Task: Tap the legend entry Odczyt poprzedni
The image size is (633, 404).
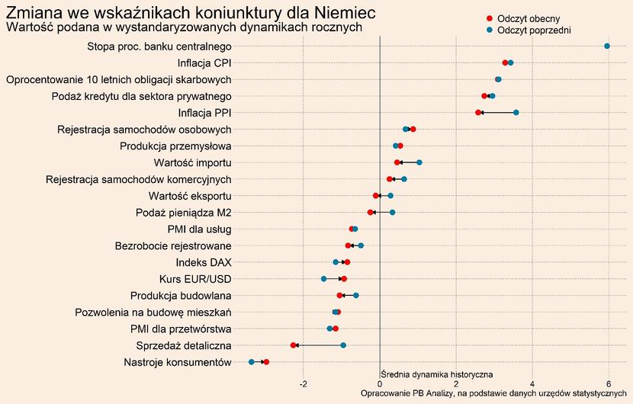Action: click(x=533, y=30)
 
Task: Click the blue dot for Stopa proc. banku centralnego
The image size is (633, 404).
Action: click(x=607, y=46)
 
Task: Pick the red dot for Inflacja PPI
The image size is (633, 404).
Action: click(x=478, y=113)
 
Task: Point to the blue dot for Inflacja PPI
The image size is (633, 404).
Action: click(x=516, y=113)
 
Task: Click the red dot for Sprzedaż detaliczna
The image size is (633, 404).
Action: click(x=294, y=345)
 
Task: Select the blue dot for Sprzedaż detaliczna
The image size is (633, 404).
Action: click(x=343, y=345)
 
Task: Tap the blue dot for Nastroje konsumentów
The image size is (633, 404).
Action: click(x=252, y=362)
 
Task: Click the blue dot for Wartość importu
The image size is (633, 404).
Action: click(x=419, y=162)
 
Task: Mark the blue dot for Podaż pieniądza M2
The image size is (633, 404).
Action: click(x=393, y=213)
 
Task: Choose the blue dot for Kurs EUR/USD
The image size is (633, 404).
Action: click(x=323, y=279)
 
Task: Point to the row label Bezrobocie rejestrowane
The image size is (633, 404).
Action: click(x=173, y=245)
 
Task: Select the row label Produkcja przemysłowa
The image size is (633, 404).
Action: click(x=176, y=146)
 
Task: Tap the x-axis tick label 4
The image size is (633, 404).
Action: click(x=532, y=383)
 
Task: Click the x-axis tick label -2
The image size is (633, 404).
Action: click(x=303, y=383)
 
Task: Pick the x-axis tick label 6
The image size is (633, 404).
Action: click(x=608, y=383)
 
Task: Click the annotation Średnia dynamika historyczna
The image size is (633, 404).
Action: click(x=436, y=374)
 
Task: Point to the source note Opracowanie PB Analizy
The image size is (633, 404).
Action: click(x=493, y=393)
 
